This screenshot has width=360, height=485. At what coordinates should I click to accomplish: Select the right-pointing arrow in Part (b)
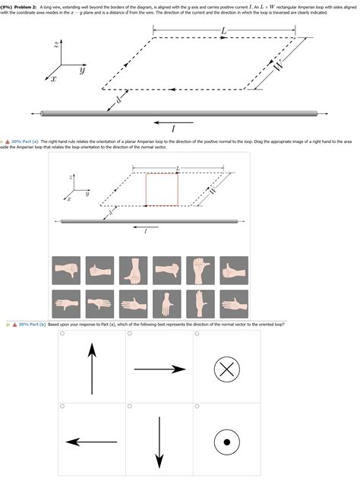pos(159,369)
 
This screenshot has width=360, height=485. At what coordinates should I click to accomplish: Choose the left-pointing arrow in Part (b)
pos(92,441)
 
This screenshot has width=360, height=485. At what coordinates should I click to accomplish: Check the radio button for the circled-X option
pos(196,333)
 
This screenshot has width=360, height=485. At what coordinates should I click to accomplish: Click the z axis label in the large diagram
pos(56,44)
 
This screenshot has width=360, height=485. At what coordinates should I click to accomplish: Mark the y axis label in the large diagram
pos(82,68)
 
